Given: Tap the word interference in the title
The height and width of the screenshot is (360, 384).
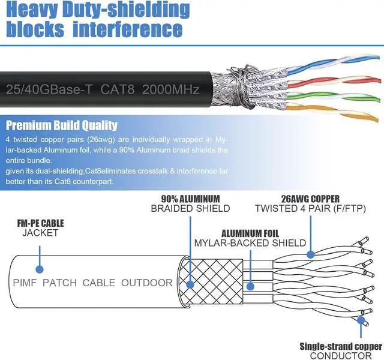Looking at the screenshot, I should tap(127, 29).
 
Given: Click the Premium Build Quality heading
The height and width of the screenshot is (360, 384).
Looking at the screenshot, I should tap(61, 125).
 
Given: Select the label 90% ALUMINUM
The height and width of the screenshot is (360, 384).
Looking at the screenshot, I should tap(190, 199).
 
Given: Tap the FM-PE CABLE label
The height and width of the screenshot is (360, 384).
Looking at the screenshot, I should tap(40, 223).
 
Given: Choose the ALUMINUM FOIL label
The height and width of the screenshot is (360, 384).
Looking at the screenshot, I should tap(250, 233).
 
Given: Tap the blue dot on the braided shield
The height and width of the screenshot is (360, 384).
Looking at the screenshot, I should tap(190, 286).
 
